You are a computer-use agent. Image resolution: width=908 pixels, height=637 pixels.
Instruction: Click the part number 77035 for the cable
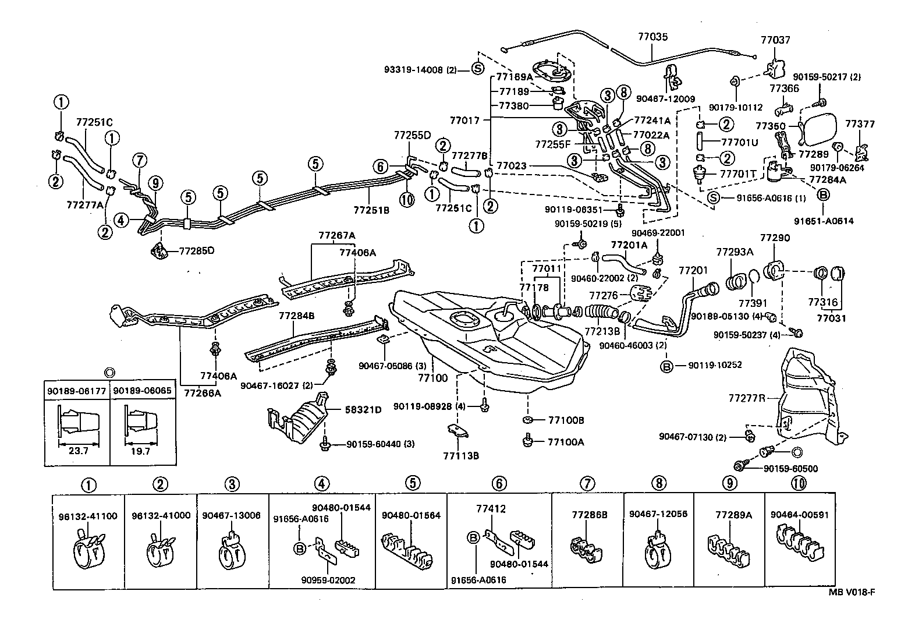(x=652, y=37)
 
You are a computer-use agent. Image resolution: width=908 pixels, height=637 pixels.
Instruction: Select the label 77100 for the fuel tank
(x=432, y=377)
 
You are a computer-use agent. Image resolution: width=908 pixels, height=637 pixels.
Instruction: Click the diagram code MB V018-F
(x=852, y=592)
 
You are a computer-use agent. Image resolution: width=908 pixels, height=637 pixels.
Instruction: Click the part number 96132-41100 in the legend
(x=88, y=516)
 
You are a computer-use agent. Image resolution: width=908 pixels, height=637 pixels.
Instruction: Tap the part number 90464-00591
(x=800, y=515)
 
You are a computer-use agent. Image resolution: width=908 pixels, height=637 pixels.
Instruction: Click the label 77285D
(x=197, y=251)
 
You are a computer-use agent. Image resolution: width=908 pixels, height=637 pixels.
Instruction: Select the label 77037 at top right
(x=775, y=40)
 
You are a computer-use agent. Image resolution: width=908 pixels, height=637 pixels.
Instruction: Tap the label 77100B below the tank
(x=565, y=420)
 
